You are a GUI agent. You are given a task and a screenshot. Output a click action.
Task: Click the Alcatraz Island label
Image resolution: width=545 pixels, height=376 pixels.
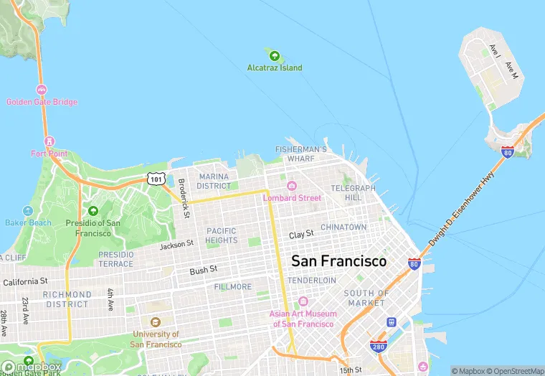click(275, 68)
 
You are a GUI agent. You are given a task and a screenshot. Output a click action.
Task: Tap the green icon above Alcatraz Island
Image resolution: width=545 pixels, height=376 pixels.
click(273, 55)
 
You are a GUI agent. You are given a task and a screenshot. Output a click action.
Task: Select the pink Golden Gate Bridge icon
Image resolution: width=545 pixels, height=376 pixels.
click(42, 90)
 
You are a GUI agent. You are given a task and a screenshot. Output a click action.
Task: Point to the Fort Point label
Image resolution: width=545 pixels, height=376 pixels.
click(49, 154)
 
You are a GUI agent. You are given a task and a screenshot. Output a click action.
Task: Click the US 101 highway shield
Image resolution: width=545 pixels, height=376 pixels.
click(156, 179)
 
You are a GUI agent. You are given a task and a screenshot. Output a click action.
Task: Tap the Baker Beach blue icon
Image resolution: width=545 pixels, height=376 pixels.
click(28, 211)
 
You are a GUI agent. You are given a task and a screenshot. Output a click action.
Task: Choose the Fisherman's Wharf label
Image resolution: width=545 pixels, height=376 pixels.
click(301, 154)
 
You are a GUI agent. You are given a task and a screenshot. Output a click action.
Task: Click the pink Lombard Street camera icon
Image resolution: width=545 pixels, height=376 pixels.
click(291, 187)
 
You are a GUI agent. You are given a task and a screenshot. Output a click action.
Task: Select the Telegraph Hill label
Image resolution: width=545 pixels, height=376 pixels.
click(353, 192)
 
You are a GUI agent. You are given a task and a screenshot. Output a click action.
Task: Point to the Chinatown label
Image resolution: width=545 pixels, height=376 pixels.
click(343, 227)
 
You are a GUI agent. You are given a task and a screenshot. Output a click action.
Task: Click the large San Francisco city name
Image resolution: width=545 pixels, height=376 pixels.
click(338, 261)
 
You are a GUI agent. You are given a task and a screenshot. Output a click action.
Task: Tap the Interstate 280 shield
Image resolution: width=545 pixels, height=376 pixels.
click(379, 347)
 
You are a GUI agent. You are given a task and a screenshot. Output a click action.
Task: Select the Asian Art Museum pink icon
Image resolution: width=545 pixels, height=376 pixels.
click(302, 301)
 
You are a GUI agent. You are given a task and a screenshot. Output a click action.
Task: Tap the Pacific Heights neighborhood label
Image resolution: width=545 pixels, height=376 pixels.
click(222, 236)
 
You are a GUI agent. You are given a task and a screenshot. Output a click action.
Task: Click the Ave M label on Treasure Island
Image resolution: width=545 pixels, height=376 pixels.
click(512, 70)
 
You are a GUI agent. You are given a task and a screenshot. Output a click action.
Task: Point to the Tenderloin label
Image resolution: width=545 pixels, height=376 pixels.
click(312, 280)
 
